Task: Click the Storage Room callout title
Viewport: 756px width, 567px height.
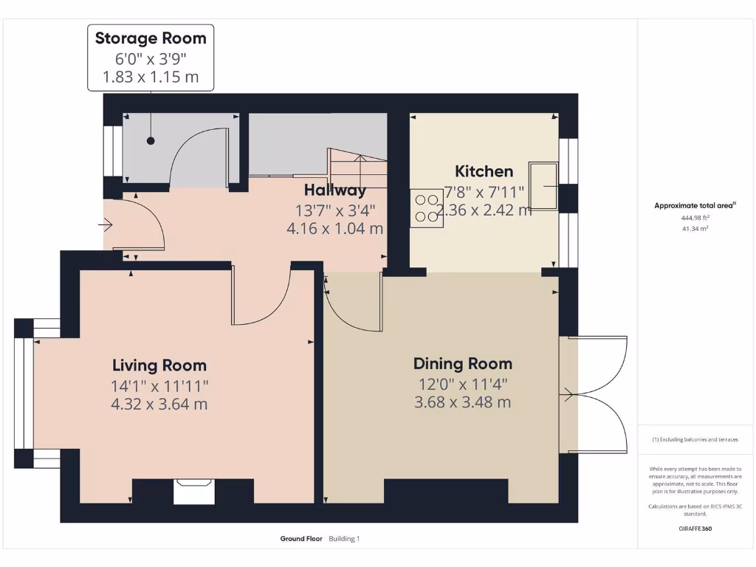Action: point(151,38)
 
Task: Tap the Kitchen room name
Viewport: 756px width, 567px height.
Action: point(484,171)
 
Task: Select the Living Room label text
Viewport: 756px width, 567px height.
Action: point(159,365)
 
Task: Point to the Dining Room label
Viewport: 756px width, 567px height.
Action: point(462,363)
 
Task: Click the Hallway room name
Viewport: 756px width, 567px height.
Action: point(335,190)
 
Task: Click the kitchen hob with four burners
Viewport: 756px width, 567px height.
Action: point(427,207)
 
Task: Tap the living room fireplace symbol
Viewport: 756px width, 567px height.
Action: point(194,491)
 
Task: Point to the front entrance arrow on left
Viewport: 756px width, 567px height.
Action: point(105,224)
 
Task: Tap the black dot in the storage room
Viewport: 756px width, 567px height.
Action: point(151,140)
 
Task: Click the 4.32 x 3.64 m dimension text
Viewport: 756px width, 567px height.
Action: point(159,404)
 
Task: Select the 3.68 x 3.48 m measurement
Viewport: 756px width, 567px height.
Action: point(462,402)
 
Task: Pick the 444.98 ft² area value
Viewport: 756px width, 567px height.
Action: point(695,218)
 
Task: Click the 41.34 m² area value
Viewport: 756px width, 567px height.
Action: point(695,229)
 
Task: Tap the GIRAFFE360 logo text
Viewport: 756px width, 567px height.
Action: point(695,529)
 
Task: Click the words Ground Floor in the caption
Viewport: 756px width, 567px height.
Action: point(301,539)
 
